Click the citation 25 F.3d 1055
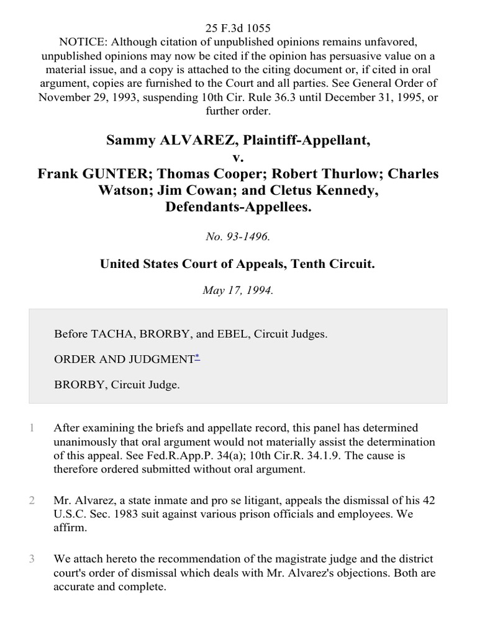click(238, 27)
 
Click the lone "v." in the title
click(238, 157)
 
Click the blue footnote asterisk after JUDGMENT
click(198, 357)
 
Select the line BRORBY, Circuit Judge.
click(117, 384)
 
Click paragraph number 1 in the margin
click(30, 428)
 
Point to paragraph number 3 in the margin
click(30, 559)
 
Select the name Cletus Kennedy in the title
click(333, 190)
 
